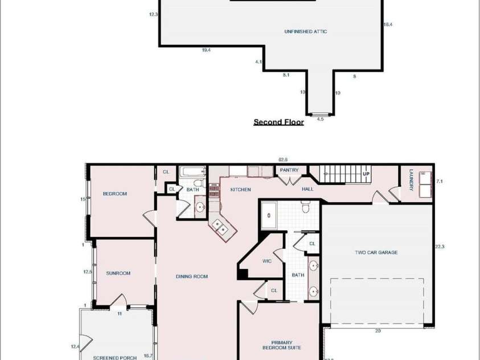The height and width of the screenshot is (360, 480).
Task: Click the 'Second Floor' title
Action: pos(278,122)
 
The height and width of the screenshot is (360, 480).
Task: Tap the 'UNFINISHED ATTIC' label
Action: pos(306,32)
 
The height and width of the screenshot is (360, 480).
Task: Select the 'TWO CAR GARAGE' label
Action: pos(376,252)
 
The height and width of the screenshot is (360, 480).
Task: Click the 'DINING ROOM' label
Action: pos(192,277)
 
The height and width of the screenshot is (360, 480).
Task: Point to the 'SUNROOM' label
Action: pos(118,273)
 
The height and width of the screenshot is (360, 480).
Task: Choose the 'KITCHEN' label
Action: pos(240,189)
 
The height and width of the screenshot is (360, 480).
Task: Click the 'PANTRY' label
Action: pos(289,170)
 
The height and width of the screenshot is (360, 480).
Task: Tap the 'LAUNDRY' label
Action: pos(411,181)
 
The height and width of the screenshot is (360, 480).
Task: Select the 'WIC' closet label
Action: pos(267,261)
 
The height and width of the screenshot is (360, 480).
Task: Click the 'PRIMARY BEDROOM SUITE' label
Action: pos(282,345)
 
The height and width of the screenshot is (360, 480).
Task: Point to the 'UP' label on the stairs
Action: pos(366,174)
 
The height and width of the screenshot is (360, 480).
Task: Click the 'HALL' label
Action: pos(307,189)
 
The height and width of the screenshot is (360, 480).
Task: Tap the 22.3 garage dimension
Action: pos(439,247)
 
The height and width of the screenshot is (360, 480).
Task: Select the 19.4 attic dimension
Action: pos(206,50)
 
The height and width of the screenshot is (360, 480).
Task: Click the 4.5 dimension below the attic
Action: pos(320,119)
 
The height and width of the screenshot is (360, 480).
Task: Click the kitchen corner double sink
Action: pos(221,227)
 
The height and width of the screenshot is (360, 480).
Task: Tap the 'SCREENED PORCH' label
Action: pos(115,358)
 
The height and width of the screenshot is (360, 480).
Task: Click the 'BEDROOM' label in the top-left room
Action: pos(114,194)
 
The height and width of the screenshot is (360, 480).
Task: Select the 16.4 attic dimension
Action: pos(388,24)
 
